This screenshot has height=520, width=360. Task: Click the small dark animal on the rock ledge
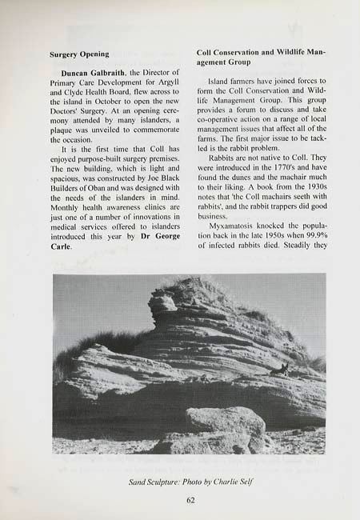(x=281, y=370)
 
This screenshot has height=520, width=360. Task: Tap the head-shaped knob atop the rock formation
(x=162, y=302)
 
